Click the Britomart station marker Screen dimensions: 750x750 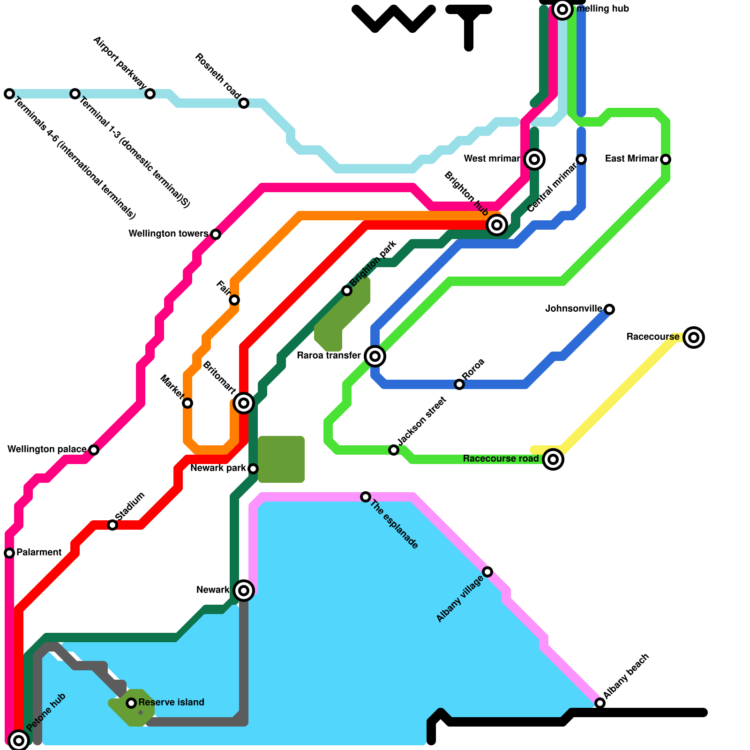pyautogui.click(x=244, y=403)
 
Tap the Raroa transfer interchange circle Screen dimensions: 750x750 pyautogui.click(x=375, y=356)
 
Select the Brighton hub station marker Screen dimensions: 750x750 pyautogui.click(x=497, y=225)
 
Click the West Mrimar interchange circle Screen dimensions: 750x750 pyautogui.click(x=534, y=159)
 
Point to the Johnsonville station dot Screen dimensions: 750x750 pyautogui.click(x=609, y=309)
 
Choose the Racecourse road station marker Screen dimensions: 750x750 pyautogui.click(x=553, y=459)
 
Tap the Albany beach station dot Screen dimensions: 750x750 pyautogui.click(x=600, y=703)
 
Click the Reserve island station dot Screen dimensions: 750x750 pyautogui.click(x=131, y=703)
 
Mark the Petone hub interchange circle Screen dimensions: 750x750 pyautogui.click(x=19, y=741)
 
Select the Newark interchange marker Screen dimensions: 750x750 pyautogui.click(x=244, y=590)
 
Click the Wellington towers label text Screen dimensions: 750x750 pyautogui.click(x=168, y=233)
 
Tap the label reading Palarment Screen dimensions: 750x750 pyautogui.click(x=39, y=553)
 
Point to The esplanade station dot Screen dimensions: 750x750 pyautogui.click(x=366, y=497)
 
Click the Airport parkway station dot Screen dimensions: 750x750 pyautogui.click(x=150, y=94)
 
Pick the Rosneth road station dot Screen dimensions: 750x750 pyautogui.click(x=244, y=103)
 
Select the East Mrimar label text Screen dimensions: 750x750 pyautogui.click(x=631, y=159)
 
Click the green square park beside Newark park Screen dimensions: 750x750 pyautogui.click(x=281, y=459)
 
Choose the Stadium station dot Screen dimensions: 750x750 pyautogui.click(x=112, y=525)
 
